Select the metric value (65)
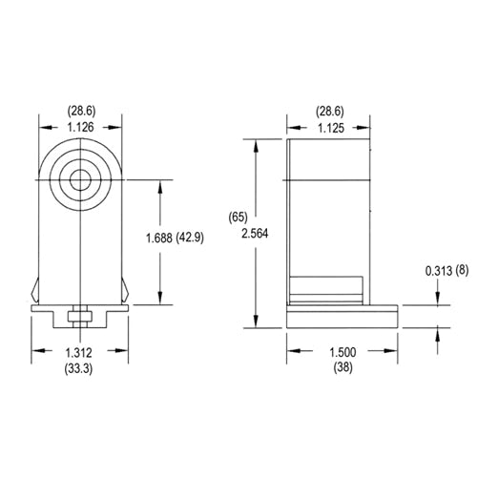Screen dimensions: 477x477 click(x=239, y=217)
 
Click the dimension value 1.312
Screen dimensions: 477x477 click(x=80, y=352)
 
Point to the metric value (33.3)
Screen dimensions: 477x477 click(x=80, y=368)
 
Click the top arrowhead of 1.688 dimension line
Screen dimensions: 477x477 click(x=159, y=182)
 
